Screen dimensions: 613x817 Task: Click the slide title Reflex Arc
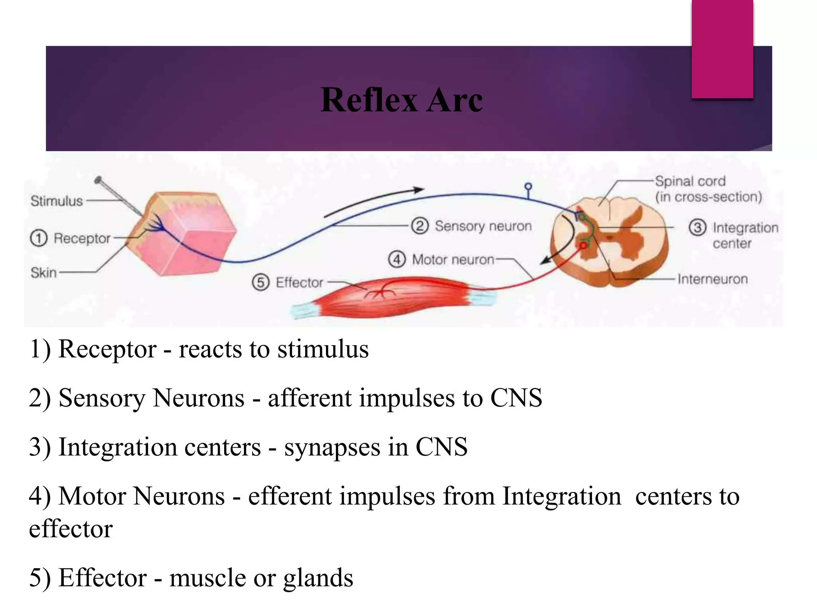pos(401,100)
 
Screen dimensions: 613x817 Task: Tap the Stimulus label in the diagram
pos(57,201)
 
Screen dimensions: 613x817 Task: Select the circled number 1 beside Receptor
pos(39,238)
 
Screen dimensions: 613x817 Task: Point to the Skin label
pos(43,273)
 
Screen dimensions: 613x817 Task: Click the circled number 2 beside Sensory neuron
pos(420,226)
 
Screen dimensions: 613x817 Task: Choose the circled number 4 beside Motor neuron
pos(397,259)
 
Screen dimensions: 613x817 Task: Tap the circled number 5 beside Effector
pos(260,282)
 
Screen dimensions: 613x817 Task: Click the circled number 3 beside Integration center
pos(697,227)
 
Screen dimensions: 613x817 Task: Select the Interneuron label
pos(712,279)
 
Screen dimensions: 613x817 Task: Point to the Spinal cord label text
pos(690,181)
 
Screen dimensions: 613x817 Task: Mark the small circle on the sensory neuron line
pos(528,186)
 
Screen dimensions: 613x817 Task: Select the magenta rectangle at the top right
pos(722,48)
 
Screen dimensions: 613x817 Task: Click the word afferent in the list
pos(310,398)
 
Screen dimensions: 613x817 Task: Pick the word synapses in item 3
pos(332,447)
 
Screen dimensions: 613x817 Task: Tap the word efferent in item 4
pos(290,496)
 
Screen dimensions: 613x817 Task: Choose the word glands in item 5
pos(318,578)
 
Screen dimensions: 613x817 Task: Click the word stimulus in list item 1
pos(323,349)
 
